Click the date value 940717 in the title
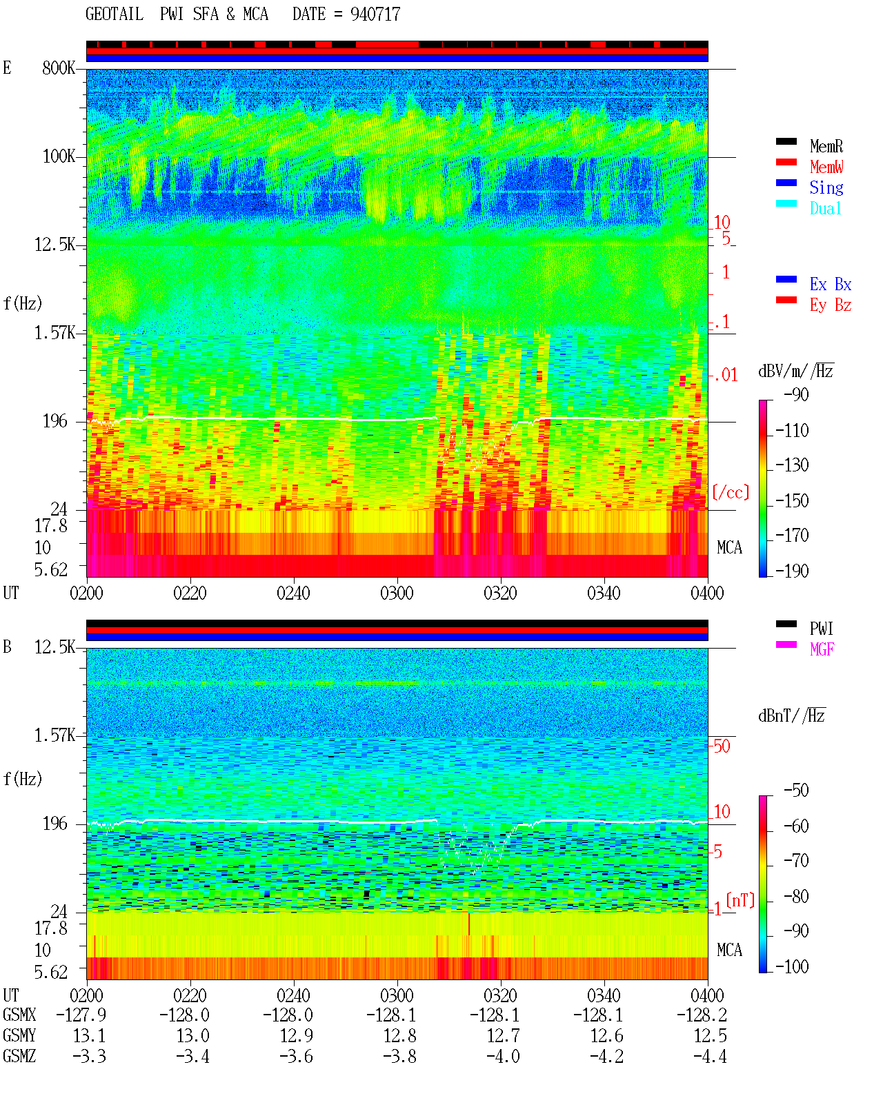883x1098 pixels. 375,14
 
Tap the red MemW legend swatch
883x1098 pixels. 786,162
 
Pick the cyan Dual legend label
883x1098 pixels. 825,208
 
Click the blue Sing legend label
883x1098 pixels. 826,187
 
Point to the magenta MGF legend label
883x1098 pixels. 822,649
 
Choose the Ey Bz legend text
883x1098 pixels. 830,305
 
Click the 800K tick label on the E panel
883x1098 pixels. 59,68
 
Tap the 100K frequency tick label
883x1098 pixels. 59,156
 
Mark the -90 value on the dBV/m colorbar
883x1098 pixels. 796,395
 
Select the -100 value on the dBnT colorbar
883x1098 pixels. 792,966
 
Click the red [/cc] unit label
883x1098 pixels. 731,492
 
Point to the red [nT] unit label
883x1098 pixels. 740,900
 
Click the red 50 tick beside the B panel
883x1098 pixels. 722,746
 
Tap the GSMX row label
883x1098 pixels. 19,1015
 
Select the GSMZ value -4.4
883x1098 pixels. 710,1056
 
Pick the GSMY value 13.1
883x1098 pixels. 90,1036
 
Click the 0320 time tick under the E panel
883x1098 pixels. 501,593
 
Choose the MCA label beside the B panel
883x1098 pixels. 729,950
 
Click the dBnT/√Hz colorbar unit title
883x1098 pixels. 792,716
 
